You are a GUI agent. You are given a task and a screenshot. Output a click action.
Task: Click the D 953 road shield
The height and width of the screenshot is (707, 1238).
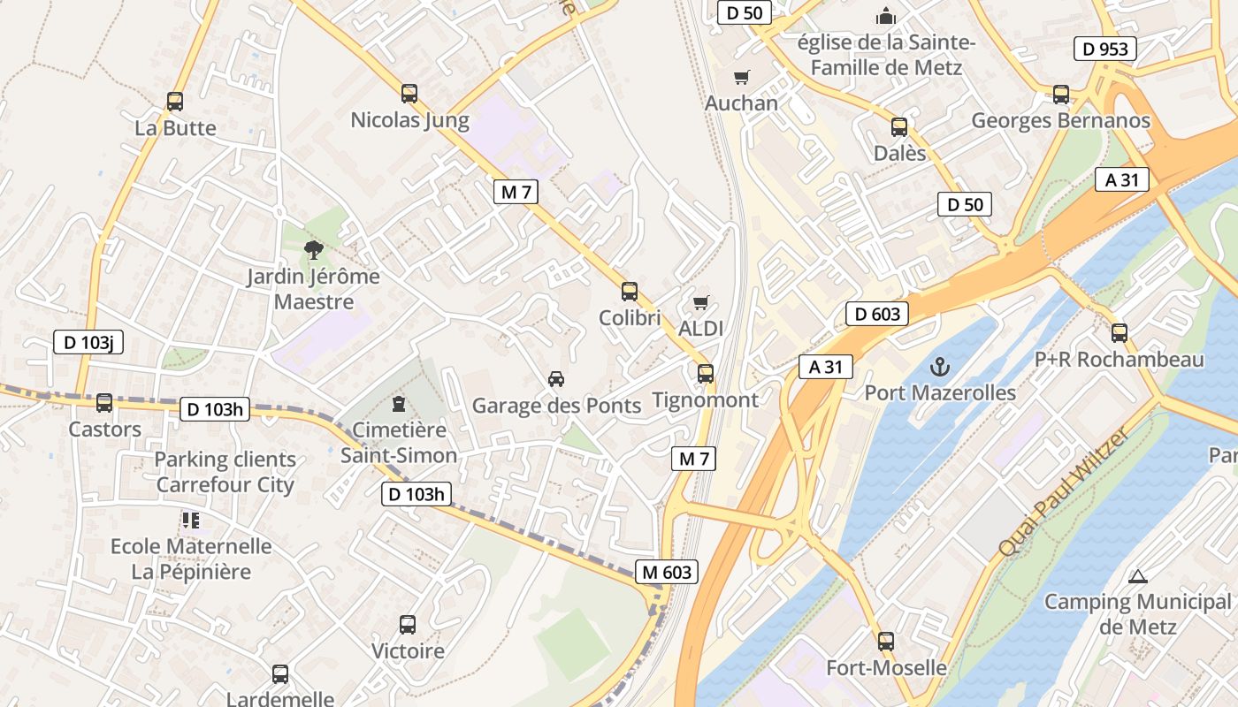pos(1106,49)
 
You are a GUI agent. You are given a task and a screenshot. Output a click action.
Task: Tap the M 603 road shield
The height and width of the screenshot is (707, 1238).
pos(667,572)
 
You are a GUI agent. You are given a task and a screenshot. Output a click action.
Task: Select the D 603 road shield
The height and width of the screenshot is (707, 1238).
pos(877,314)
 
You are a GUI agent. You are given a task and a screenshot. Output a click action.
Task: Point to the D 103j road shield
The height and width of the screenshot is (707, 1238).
pos(88,342)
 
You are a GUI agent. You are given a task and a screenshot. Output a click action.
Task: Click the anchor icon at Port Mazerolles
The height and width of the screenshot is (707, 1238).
pos(939,366)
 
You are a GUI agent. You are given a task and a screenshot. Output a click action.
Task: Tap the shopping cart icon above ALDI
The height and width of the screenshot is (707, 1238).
pos(700,303)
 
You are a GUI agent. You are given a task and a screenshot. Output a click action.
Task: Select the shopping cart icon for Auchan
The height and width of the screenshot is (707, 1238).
pos(741,77)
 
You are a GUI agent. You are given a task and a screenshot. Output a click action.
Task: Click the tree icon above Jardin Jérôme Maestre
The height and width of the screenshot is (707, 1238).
pos(312,250)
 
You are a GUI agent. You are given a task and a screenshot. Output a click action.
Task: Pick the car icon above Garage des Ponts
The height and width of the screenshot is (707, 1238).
pos(555,379)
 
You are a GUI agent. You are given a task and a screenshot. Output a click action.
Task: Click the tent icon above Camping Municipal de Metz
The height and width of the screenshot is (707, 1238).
pos(1137,576)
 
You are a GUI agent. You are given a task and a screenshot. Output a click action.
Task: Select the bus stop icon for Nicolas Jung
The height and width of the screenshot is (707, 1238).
pos(409,93)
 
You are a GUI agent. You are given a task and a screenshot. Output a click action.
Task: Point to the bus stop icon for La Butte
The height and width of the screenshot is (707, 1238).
pos(175,102)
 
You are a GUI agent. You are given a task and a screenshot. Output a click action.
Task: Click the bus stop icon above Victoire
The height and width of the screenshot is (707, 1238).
pos(407,625)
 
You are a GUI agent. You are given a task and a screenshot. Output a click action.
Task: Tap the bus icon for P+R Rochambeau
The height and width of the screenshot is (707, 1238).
pos(1120,333)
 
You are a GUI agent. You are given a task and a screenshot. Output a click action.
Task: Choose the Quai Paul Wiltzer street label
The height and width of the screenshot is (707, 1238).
pos(1063,491)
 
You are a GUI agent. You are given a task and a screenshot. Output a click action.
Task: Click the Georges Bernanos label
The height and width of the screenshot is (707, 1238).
pos(1060,120)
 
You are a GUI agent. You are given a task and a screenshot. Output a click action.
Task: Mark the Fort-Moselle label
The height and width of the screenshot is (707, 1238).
pos(886,667)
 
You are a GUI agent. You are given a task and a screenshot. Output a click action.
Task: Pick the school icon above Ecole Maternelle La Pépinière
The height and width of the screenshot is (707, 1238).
pos(191,521)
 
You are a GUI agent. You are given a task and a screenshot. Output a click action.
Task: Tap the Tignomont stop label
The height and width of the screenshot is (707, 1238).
pos(705,399)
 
